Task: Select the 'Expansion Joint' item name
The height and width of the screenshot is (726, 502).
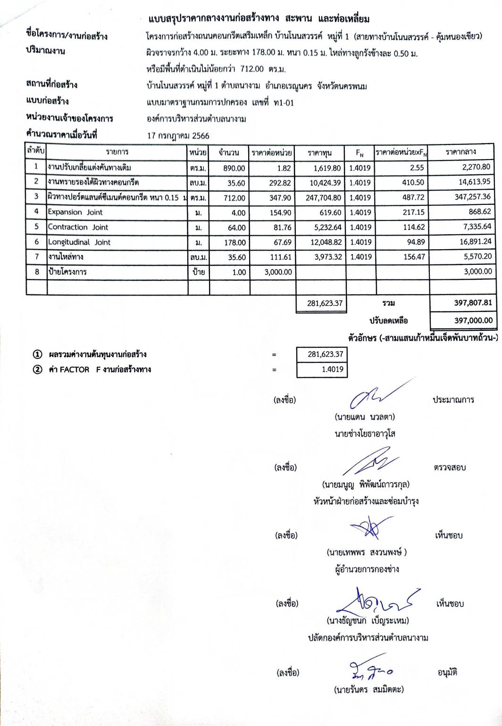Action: pos(75,212)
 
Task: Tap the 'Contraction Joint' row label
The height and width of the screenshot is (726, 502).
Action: pos(78,227)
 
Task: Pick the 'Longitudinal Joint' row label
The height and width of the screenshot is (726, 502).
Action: pos(79,242)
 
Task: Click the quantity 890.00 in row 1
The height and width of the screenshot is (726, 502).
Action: pos(234,168)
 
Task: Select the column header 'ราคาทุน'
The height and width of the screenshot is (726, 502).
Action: pos(319,152)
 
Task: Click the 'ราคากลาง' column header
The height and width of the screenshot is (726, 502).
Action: pos(460,152)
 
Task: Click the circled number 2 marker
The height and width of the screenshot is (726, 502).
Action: pos(37,370)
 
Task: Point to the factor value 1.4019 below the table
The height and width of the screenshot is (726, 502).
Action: pos(332,370)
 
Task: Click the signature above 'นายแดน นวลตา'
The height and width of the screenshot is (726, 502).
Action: pos(373,397)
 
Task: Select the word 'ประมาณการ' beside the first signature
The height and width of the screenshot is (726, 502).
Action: pos(453,400)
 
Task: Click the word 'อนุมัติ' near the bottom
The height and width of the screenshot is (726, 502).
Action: pos(447,672)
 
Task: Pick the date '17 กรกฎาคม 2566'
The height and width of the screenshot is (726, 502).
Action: pos(178,136)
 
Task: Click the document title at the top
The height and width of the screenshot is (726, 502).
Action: pos(259,19)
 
